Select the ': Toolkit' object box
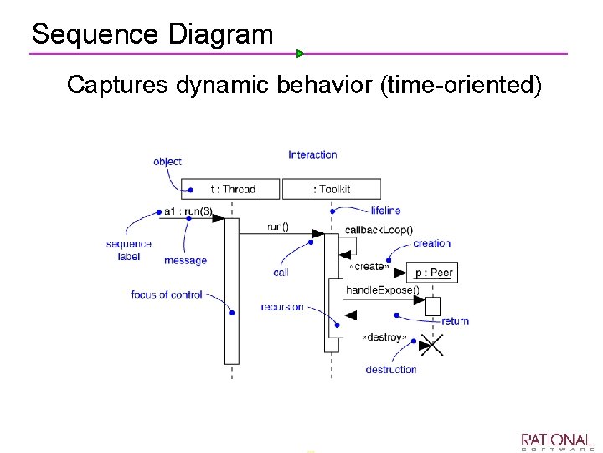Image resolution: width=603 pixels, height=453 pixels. pyautogui.click(x=332, y=189)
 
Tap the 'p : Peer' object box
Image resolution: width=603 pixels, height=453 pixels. pyautogui.click(x=434, y=273)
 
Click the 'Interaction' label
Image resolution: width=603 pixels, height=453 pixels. pyautogui.click(x=312, y=154)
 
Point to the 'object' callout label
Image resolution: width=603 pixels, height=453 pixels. pyautogui.click(x=167, y=161)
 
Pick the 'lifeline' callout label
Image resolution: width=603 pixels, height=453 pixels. pyautogui.click(x=385, y=211)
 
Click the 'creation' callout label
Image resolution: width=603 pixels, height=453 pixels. pyautogui.click(x=431, y=243)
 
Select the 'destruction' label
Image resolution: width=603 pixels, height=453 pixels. pyautogui.click(x=390, y=370)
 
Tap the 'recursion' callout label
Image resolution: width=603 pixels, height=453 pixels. pyautogui.click(x=282, y=307)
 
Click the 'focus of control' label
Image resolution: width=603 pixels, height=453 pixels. pyautogui.click(x=167, y=294)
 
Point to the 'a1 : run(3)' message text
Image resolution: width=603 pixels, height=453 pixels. pyautogui.click(x=188, y=211)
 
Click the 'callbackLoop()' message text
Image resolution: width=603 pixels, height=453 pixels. pyautogui.click(x=379, y=230)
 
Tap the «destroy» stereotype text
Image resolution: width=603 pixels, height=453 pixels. pyautogui.click(x=384, y=337)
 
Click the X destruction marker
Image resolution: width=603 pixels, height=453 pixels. pyautogui.click(x=431, y=344)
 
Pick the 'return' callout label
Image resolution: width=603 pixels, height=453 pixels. pyautogui.click(x=455, y=320)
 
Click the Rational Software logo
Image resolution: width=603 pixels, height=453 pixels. pyautogui.click(x=557, y=442)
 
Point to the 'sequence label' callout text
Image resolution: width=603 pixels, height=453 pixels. pyautogui.click(x=129, y=250)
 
